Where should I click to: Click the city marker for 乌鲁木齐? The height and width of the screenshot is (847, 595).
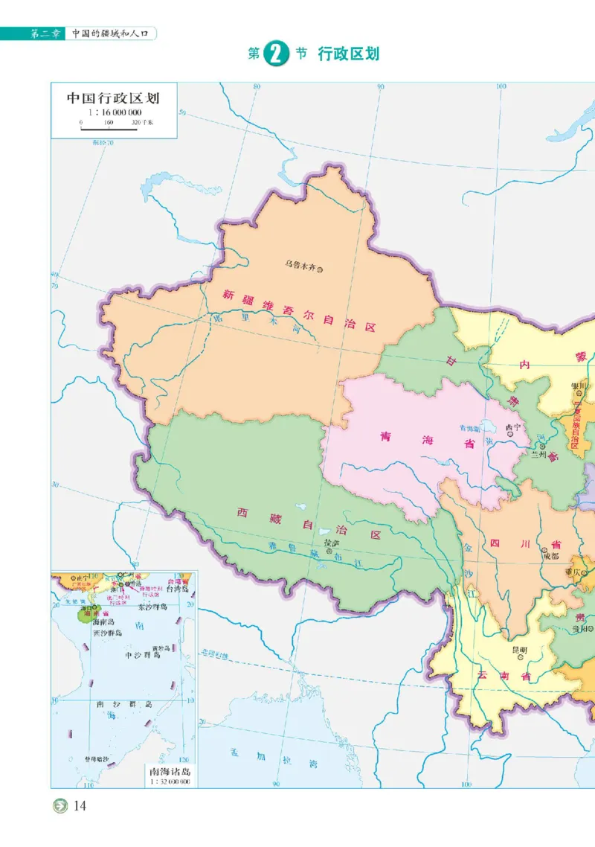coord(321,269)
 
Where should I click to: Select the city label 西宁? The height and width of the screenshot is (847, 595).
coord(512,428)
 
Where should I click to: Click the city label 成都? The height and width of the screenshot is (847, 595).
coord(550,555)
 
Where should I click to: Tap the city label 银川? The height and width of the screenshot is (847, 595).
coord(579,386)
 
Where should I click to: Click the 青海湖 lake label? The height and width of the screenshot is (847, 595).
coord(470,429)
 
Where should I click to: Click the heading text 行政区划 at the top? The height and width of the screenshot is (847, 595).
coord(349,54)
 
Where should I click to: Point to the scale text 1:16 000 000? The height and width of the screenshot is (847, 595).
coord(114,112)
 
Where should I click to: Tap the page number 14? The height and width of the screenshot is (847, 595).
coord(80,806)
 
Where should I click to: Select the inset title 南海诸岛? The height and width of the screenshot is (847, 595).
coord(170,771)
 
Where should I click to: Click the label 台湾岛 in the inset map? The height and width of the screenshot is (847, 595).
coord(178,589)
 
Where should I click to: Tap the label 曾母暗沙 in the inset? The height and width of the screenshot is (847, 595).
coord(95,759)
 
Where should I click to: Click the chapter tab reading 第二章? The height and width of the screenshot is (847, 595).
coord(44,33)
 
